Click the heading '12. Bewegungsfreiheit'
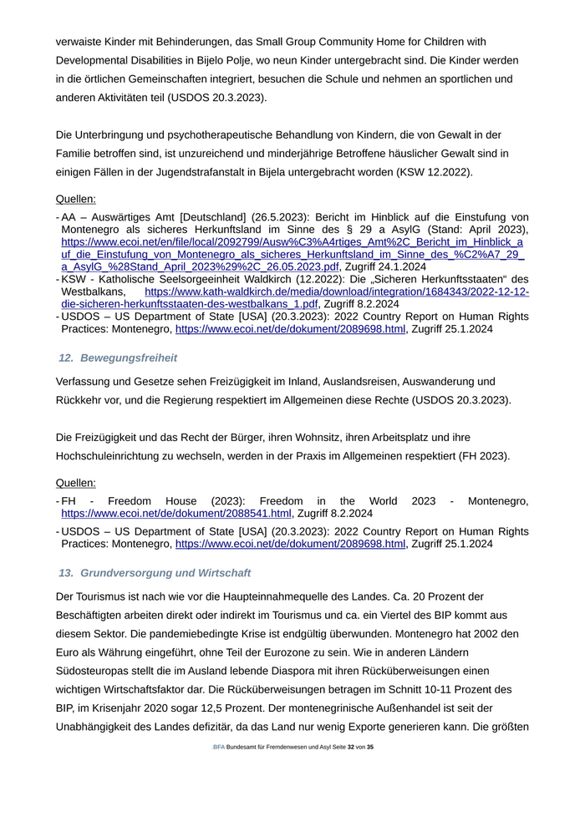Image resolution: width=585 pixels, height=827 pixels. coord(118,358)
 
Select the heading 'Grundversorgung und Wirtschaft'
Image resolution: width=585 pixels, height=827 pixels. coord(165,573)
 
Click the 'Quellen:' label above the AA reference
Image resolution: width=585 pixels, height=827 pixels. coord(75,199)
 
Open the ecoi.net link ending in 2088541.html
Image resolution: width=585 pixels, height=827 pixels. coord(176,513)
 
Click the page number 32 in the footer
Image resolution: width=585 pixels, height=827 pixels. coord(352,747)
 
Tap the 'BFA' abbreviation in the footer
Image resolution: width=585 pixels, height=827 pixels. coord(218,747)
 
